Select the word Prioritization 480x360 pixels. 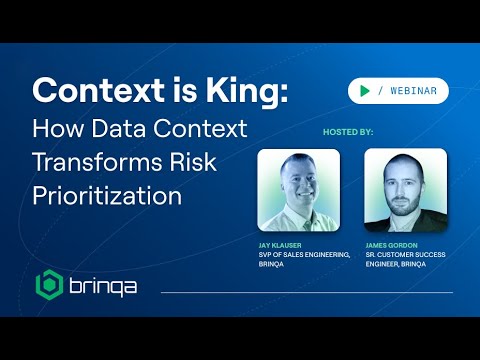click(x=107, y=196)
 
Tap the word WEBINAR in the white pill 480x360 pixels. click(x=414, y=91)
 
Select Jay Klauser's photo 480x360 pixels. click(x=298, y=189)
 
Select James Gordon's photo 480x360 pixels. click(x=404, y=189)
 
